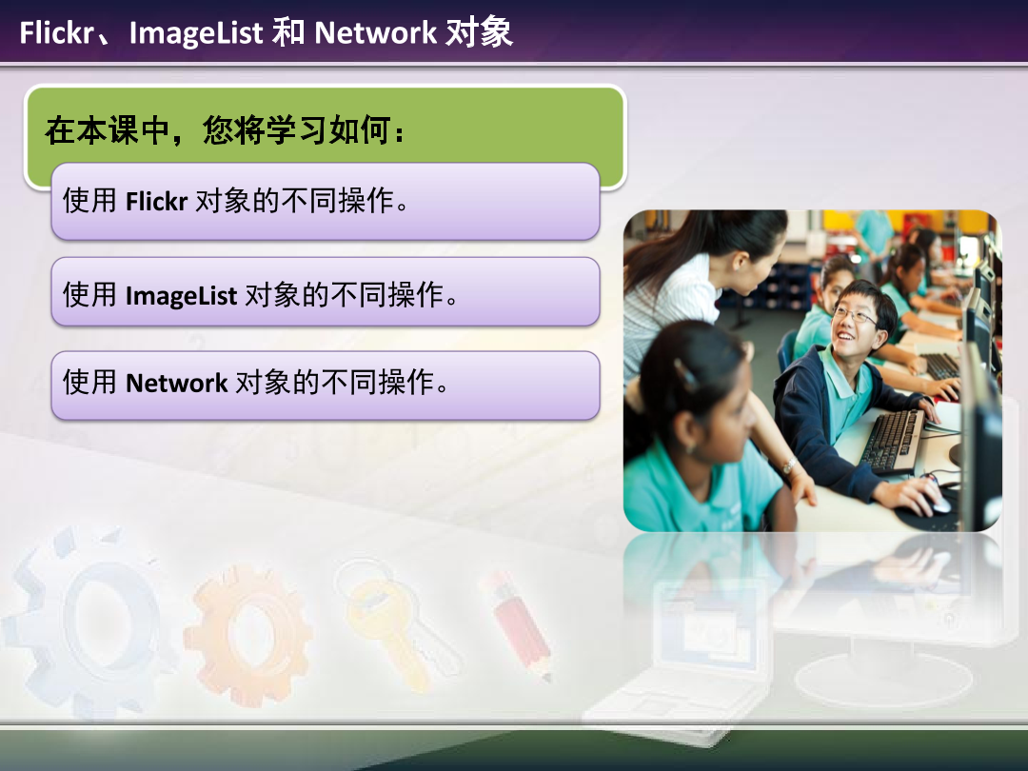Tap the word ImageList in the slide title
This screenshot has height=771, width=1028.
(x=195, y=33)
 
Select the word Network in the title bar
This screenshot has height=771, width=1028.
(x=375, y=33)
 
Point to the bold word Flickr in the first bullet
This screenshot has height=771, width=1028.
(x=156, y=201)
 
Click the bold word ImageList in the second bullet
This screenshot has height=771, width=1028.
(x=181, y=295)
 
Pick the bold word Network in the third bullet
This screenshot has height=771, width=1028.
(x=176, y=383)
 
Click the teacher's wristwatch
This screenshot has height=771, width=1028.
(x=788, y=465)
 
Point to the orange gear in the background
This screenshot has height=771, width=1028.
(x=249, y=623)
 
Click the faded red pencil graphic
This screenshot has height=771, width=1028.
(x=519, y=623)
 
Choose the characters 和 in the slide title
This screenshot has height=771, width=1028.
(x=288, y=33)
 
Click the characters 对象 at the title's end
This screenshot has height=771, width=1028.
(x=479, y=33)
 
